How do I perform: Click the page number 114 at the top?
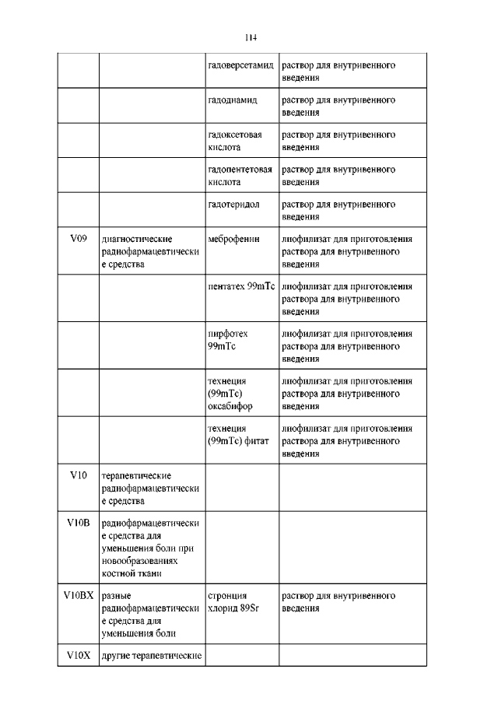(x=250, y=37)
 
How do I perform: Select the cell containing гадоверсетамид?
(x=240, y=66)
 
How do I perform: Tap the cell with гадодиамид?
(x=233, y=101)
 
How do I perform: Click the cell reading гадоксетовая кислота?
(x=235, y=141)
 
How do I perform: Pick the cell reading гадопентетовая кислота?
(x=240, y=175)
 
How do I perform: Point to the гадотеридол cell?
(x=234, y=204)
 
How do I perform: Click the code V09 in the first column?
(x=77, y=239)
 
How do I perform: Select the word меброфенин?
(x=233, y=239)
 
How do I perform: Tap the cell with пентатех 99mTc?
(x=241, y=287)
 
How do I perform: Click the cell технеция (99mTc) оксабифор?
(x=230, y=394)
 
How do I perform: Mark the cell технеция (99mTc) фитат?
(x=238, y=435)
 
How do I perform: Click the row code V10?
(x=77, y=475)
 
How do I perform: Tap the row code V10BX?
(x=77, y=596)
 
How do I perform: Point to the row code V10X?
(x=77, y=656)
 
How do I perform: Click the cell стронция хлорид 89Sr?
(x=233, y=602)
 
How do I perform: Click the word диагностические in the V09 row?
(x=137, y=239)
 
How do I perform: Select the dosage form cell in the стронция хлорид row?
(x=338, y=602)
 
